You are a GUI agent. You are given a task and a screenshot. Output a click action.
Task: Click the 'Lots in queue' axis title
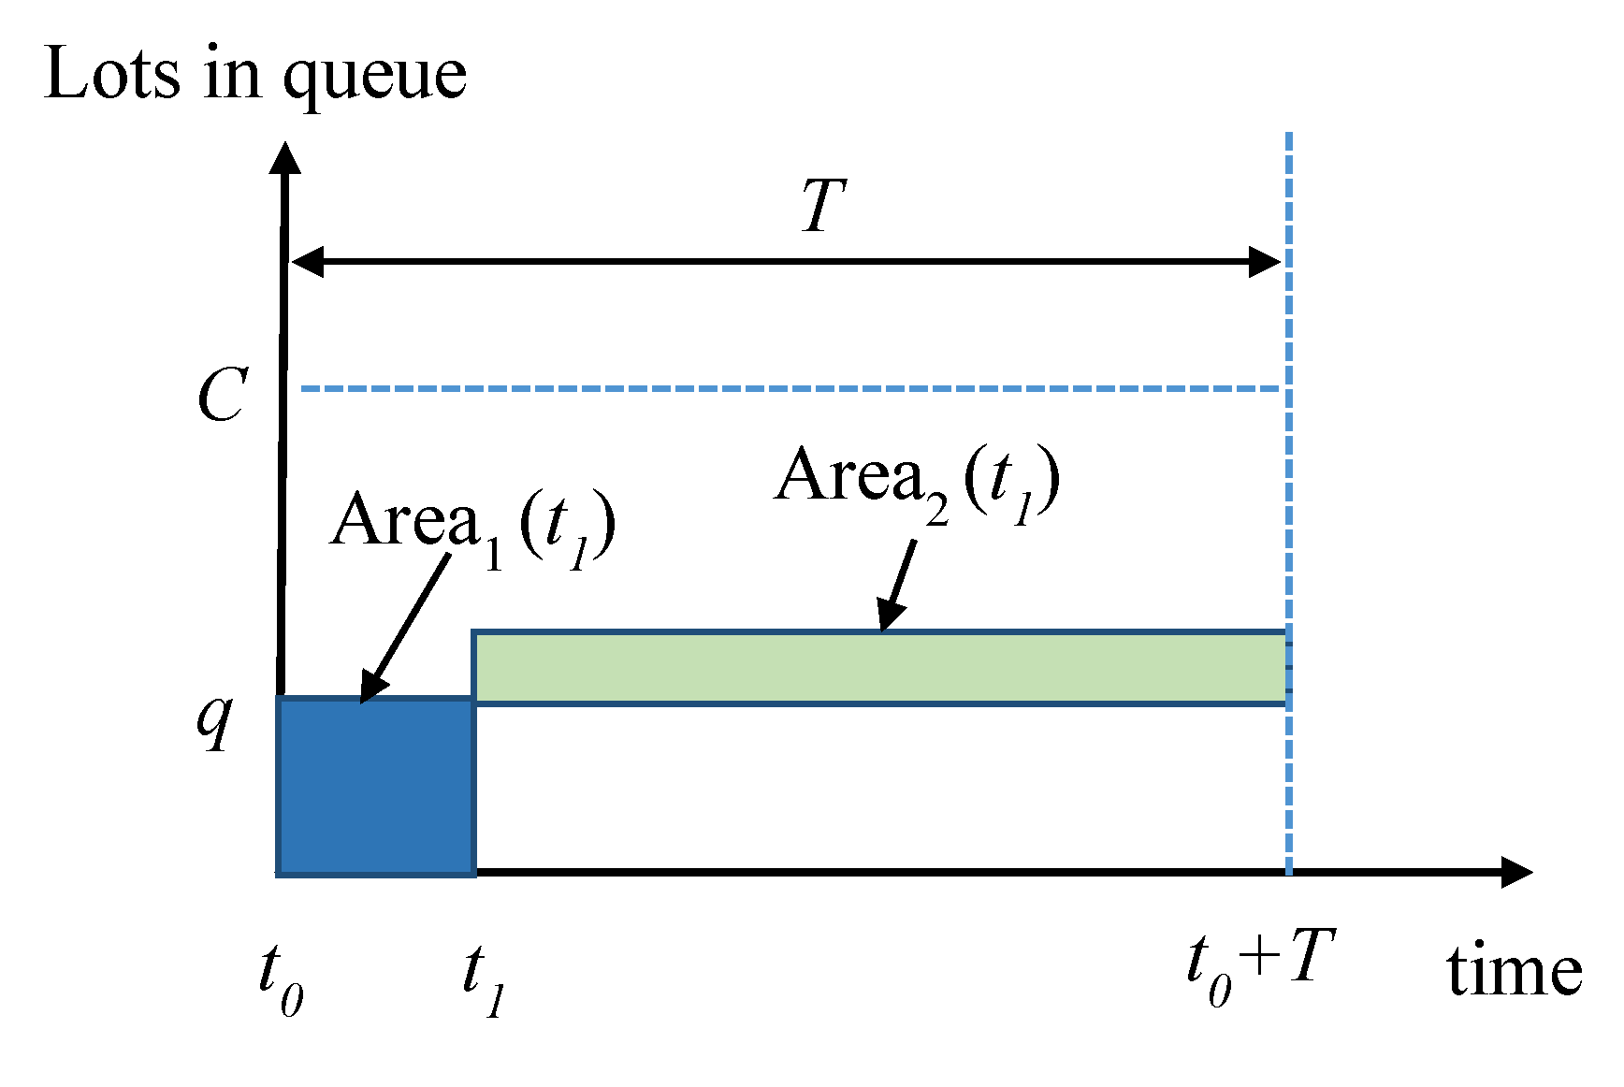point(254,75)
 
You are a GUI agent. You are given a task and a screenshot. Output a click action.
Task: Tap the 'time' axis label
point(1514,973)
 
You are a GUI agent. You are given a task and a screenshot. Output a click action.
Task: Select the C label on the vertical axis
point(223,395)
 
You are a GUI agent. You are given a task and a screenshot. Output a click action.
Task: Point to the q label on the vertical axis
point(215,720)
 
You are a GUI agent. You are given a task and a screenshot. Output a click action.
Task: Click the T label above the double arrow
point(823,206)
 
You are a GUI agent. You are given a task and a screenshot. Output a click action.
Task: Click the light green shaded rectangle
point(879,668)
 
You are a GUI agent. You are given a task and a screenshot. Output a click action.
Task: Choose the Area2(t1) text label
point(917,481)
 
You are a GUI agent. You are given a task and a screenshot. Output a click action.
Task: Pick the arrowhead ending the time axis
point(1516,872)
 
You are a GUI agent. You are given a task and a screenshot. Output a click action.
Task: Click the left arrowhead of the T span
point(307,262)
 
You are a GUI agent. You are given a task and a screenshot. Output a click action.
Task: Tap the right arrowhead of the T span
point(1266,262)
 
